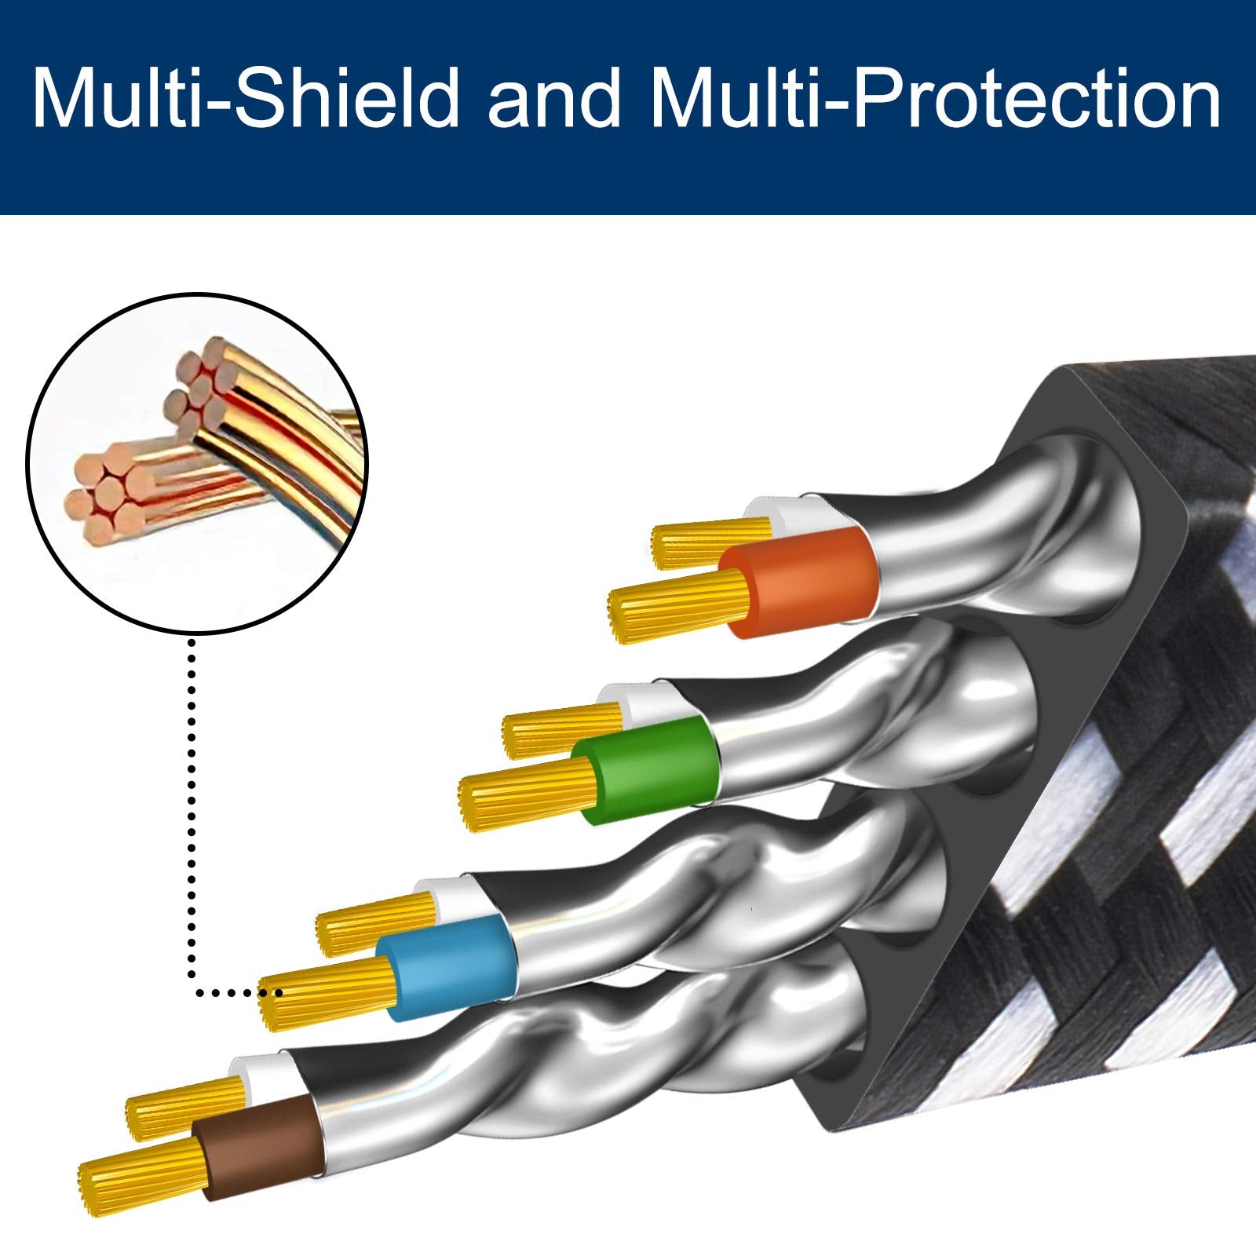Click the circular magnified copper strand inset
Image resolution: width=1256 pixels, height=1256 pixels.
tap(196, 463)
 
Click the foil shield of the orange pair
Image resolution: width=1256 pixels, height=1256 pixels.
tap(981, 542)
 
